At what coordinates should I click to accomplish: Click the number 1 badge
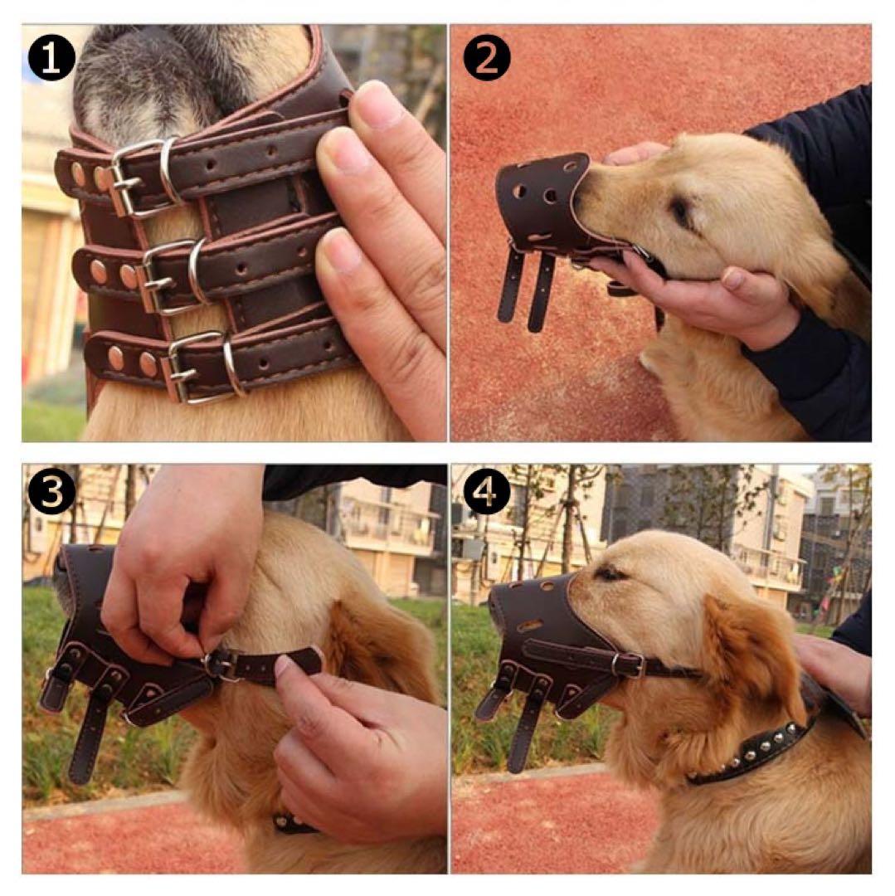coord(51,59)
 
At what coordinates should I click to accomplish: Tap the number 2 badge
coord(487,57)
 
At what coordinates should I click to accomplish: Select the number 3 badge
coord(51,493)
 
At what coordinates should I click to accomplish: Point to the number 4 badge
coord(487,493)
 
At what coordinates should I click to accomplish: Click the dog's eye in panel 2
coord(682,212)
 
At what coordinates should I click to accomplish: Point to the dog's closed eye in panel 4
coord(609,572)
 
